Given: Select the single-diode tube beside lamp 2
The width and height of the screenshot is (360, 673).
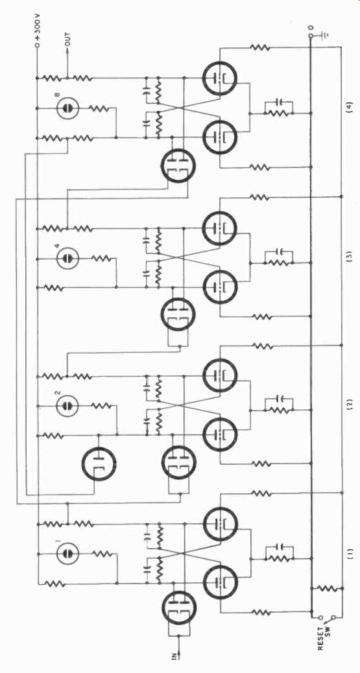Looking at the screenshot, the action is [x=99, y=464].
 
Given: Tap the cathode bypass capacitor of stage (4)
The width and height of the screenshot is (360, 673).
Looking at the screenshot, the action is [x=280, y=102].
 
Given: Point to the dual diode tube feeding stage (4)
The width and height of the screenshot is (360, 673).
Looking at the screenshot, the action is [x=178, y=167].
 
